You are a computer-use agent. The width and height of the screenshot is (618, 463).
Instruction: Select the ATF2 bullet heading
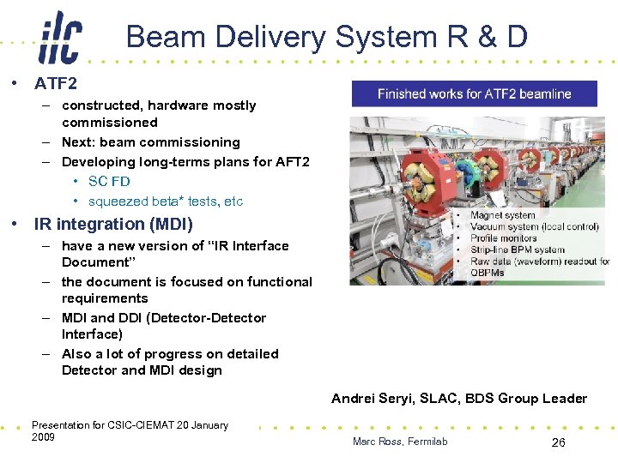point(55,84)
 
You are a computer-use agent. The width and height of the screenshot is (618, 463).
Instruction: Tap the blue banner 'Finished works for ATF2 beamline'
point(474,93)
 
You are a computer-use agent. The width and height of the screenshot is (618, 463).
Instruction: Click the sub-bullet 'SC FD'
point(109,182)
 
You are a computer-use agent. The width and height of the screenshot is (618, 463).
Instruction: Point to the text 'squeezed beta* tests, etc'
point(165,201)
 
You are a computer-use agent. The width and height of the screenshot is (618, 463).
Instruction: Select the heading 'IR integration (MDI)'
point(113,225)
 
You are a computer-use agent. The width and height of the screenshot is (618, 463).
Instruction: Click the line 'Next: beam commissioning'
point(150,142)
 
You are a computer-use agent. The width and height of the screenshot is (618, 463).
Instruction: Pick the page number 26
point(558,442)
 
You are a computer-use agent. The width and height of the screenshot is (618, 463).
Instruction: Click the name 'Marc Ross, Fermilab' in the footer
point(400,442)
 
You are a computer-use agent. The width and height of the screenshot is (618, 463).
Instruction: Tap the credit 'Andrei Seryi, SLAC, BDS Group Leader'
point(459,399)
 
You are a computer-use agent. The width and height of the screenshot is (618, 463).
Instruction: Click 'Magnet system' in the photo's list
point(503,216)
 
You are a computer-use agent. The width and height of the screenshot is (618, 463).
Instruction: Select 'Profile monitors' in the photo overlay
point(504,238)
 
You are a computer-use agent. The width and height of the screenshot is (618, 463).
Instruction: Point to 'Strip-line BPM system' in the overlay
point(518,250)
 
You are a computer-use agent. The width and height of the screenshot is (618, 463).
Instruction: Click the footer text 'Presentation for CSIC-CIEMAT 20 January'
point(130,425)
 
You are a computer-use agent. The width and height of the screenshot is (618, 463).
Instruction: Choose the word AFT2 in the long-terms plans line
point(292,162)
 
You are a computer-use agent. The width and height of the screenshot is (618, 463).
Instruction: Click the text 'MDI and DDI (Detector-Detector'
point(163,318)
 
